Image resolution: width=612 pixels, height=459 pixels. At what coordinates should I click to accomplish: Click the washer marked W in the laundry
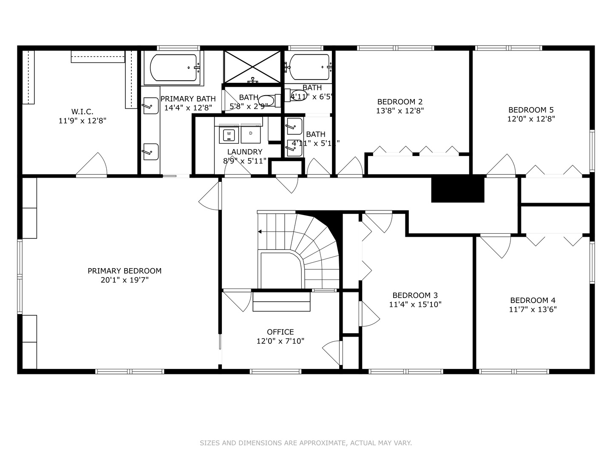pyautogui.click(x=229, y=135)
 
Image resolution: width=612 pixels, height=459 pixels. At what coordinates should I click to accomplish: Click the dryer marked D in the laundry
pyautogui.click(x=251, y=135)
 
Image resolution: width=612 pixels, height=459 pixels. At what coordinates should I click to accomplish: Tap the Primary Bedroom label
pyautogui.click(x=125, y=271)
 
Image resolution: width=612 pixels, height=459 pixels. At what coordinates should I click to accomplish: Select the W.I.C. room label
pyautogui.click(x=82, y=111)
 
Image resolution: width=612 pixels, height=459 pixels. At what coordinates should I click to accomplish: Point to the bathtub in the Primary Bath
pyautogui.click(x=173, y=68)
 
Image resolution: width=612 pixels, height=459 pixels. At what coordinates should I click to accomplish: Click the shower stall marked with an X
pyautogui.click(x=252, y=67)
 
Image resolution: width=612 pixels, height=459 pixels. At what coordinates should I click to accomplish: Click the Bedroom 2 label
pyautogui.click(x=399, y=102)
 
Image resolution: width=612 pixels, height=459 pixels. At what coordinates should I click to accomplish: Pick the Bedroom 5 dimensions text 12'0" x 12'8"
pyautogui.click(x=531, y=119)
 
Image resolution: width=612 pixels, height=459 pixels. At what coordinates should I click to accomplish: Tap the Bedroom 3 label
pyautogui.click(x=415, y=295)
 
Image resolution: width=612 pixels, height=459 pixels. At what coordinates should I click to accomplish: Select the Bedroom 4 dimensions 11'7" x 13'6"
pyautogui.click(x=533, y=309)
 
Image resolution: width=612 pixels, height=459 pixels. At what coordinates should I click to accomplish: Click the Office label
pyautogui.click(x=280, y=332)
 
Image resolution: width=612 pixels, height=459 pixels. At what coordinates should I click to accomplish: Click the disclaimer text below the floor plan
pyautogui.click(x=306, y=443)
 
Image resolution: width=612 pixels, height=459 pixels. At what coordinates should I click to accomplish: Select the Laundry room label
pyautogui.click(x=244, y=152)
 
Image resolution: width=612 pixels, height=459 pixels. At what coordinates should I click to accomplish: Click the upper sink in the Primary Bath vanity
pyautogui.click(x=150, y=106)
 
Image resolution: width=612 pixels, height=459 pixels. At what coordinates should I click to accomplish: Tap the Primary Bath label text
pyautogui.click(x=188, y=99)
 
